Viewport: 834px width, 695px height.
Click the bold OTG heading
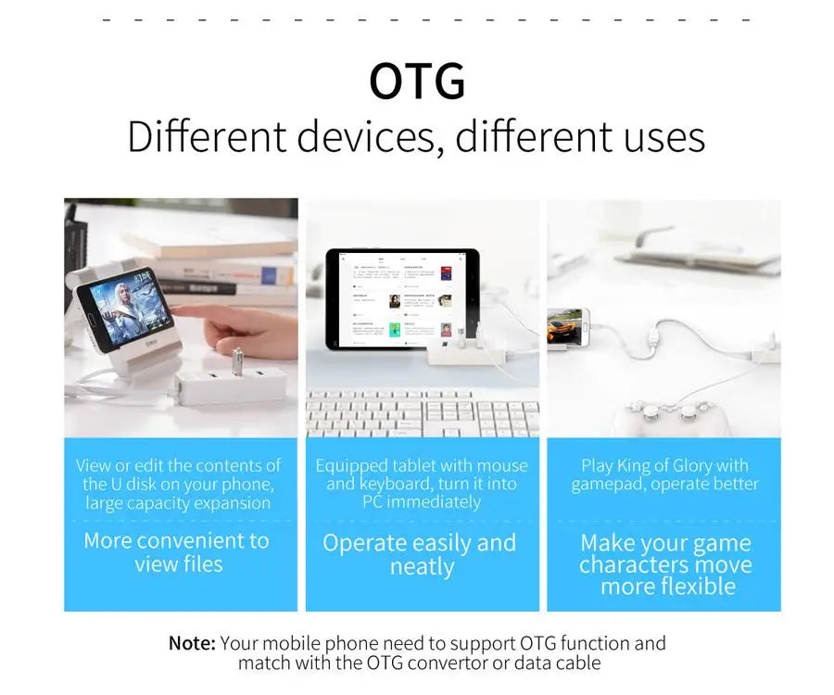(417, 82)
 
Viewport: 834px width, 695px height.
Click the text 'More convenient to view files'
(178, 552)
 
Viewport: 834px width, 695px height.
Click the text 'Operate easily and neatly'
(420, 554)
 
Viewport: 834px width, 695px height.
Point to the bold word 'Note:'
(192, 643)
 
